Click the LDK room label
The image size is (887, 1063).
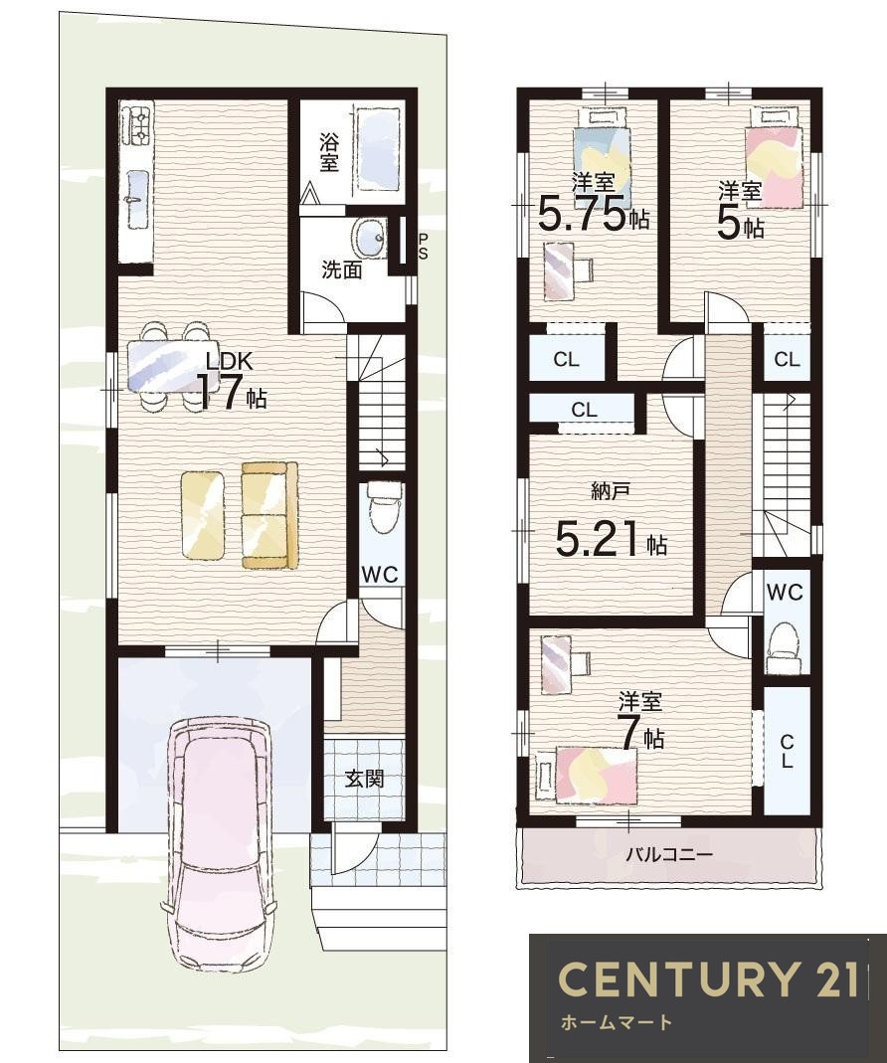[x=230, y=361]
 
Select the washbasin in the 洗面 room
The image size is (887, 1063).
[x=369, y=239]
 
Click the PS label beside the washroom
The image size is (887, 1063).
[x=423, y=247]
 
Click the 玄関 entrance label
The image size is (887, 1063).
[x=365, y=779]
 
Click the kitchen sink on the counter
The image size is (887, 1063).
[x=137, y=199]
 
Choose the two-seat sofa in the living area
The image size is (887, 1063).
[x=269, y=514]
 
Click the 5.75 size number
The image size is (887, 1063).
[x=581, y=215]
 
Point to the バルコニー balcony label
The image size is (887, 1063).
[x=668, y=853]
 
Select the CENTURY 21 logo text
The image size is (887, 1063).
[x=707, y=978]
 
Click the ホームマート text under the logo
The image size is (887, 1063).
[x=617, y=1021]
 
